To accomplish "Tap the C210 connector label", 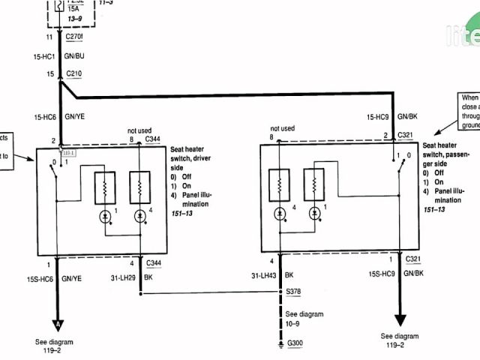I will point(74,74).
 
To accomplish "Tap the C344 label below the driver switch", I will point(154,262).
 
